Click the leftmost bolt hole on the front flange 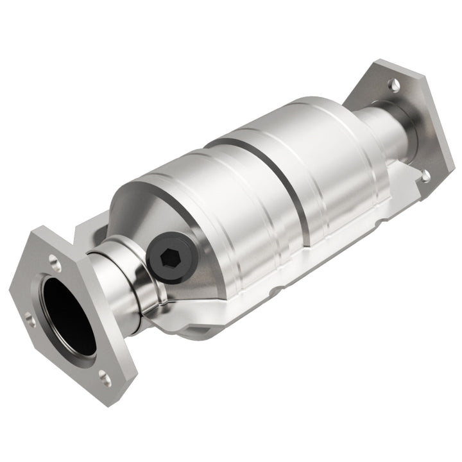click(x=29, y=316)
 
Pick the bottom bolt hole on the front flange click(x=105, y=379)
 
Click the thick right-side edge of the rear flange click(x=443, y=135)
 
